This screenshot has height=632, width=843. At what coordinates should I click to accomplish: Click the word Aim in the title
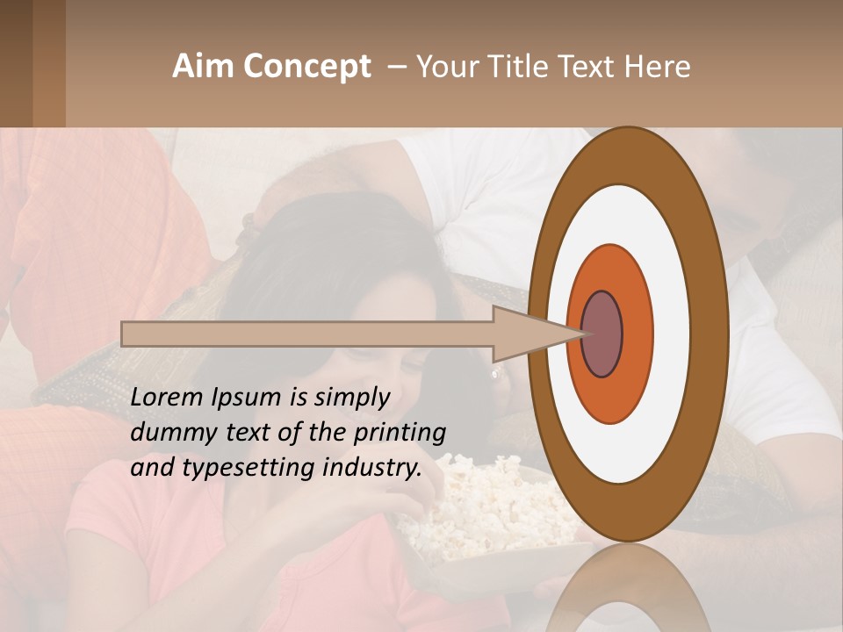coord(203,67)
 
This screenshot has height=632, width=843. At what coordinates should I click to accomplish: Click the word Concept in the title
coord(306,67)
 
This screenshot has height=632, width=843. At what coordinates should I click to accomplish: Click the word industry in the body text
coord(370,468)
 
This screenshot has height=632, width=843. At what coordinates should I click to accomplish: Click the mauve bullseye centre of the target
coord(602,334)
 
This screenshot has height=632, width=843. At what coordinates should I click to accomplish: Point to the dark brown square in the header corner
coord(16,63)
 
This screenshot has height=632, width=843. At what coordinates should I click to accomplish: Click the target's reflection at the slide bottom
coord(629,597)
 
